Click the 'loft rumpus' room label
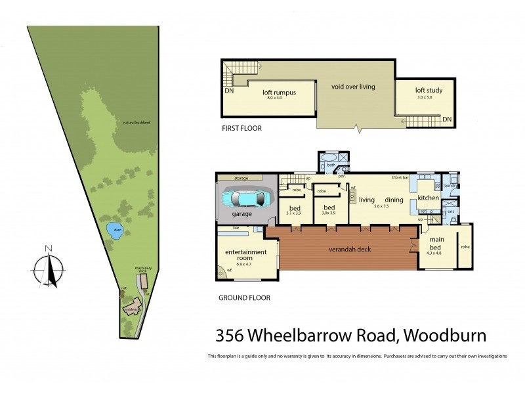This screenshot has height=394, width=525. coord(279,93)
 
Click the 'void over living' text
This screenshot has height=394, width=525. coord(353,86)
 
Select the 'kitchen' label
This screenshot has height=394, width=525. coord(428,198)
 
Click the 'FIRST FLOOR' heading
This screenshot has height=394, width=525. coord(241,129)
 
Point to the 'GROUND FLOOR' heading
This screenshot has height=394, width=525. coord(243,297)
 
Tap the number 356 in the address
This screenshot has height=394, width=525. coord(230,336)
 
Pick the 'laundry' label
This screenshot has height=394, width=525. coord(450,186)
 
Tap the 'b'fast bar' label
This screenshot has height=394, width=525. coord(400,178)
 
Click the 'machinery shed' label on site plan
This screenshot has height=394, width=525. coord(143,269)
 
